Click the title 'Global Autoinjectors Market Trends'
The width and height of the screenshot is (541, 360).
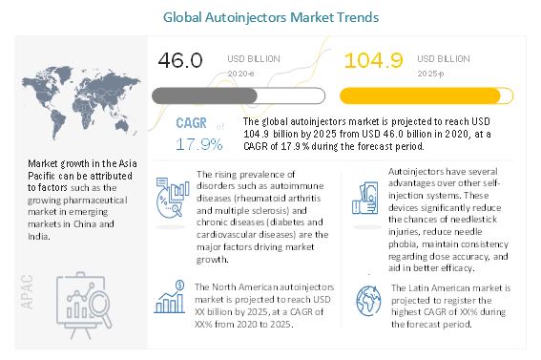click(270, 16)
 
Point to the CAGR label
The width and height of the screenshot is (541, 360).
click(194, 124)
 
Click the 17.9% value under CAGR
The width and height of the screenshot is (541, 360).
click(198, 144)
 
